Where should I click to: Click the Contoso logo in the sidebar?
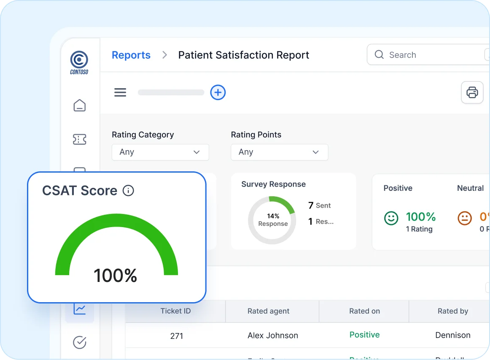tap(79, 62)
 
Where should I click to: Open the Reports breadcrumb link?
tap(131, 55)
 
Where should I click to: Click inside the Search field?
tap(426, 55)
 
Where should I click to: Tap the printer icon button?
tap(472, 92)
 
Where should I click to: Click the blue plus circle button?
tap(218, 92)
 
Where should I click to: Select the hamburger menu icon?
tap(120, 92)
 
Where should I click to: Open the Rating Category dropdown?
tap(160, 152)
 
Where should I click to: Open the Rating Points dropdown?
tap(279, 152)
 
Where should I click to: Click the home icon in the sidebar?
tap(79, 106)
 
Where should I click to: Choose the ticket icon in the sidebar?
tap(79, 139)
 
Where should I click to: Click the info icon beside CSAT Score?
tap(128, 191)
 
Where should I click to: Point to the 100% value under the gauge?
tap(115, 276)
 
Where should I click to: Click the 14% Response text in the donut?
tap(273, 220)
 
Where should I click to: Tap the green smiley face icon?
tap(391, 218)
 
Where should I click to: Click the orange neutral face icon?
tap(465, 218)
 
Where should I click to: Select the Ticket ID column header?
tap(175, 311)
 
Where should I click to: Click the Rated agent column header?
tap(268, 311)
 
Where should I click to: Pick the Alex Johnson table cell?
tap(272, 336)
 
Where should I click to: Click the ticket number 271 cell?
tap(177, 336)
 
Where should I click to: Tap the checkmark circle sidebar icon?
tap(79, 342)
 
